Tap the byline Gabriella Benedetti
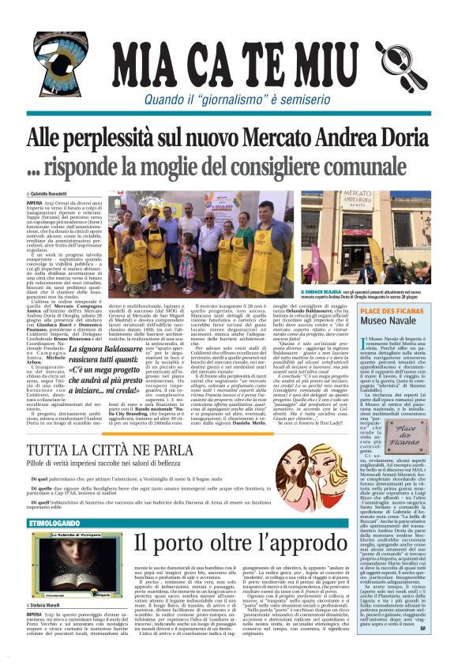[x=49, y=193]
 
